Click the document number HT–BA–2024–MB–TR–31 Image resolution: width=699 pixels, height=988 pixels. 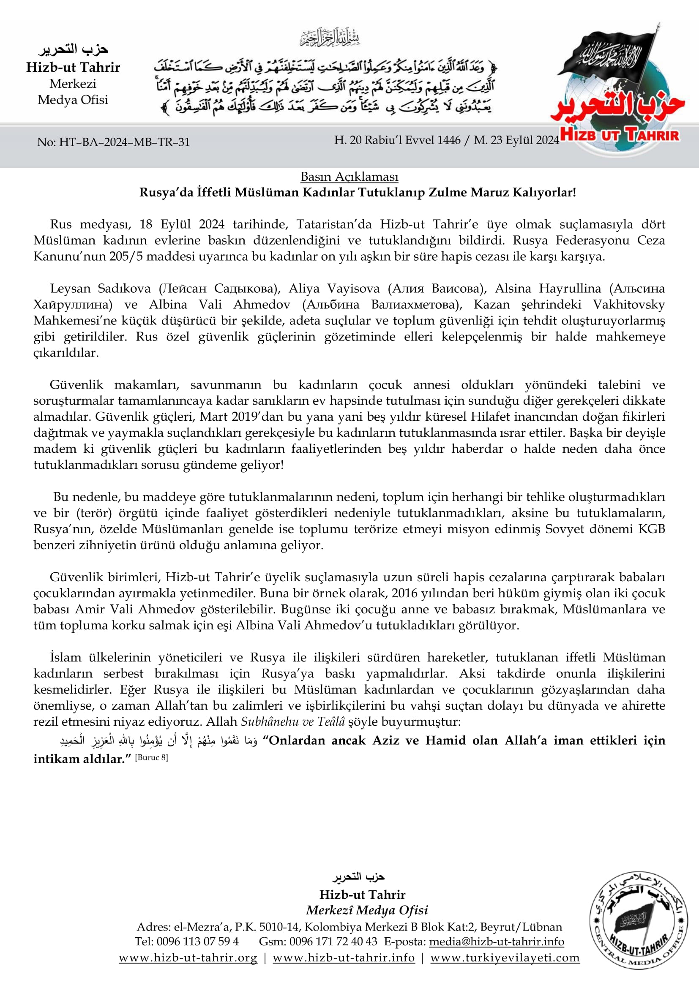124,142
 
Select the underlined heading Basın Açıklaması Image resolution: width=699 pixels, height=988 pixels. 349,177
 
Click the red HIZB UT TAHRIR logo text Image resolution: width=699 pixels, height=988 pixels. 620,135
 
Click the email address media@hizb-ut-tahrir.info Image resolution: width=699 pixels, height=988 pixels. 496,942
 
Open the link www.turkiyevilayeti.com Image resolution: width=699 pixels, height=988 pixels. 505,958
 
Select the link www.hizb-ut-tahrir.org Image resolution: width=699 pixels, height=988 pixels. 188,958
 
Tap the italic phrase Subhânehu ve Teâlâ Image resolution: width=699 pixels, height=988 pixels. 293,721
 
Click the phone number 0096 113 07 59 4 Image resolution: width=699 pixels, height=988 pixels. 197,942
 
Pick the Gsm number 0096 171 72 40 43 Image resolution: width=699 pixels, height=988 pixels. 333,942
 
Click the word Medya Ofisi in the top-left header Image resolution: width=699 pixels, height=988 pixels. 73,100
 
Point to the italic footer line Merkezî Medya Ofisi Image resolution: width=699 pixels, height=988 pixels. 367,910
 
